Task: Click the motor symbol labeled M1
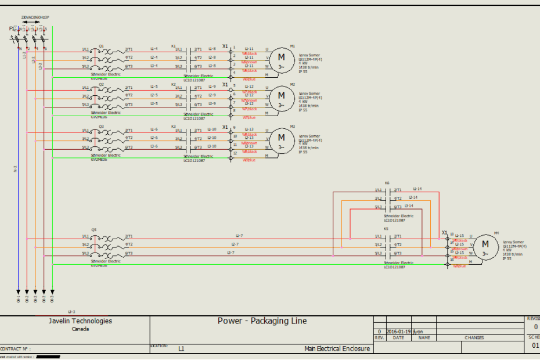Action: pos(282,57)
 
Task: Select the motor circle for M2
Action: pos(282,96)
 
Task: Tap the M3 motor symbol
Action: pos(282,138)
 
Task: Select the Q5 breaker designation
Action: pos(101,229)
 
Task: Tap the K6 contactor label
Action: pos(387,183)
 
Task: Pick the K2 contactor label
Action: pos(173,84)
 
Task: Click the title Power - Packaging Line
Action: pos(262,321)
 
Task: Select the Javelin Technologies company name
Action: pos(80,321)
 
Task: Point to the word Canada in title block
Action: pos(80,329)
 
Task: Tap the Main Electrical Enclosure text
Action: pos(336,348)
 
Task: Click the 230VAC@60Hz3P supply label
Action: pos(35,17)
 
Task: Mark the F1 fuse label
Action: pos(12,28)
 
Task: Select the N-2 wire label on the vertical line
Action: pos(15,170)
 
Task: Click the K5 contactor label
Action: pos(387,229)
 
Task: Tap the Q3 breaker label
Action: pos(101,125)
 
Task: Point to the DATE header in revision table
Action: pos(398,337)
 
